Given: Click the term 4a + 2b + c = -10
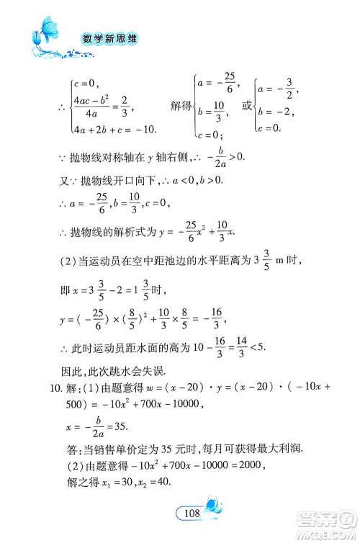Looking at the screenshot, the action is [105, 130].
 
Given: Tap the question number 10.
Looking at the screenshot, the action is [43, 390].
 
